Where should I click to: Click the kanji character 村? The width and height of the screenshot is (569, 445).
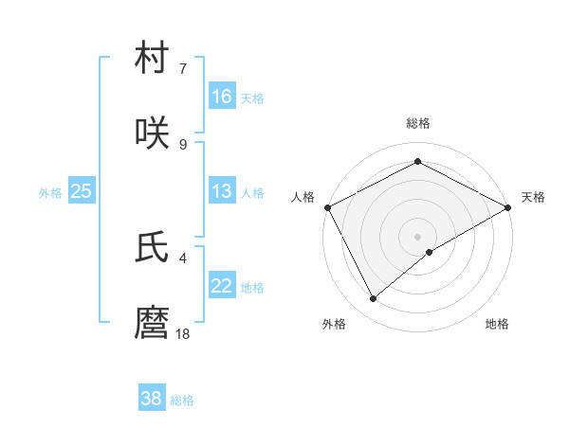tap(153, 59)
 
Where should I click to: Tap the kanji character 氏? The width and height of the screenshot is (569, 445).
tap(153, 247)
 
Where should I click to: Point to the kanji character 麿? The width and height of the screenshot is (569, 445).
tap(153, 323)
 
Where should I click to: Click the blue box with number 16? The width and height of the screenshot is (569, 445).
tap(222, 96)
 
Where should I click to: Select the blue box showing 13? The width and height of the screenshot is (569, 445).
tap(222, 191)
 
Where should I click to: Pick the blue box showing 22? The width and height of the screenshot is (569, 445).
tap(222, 286)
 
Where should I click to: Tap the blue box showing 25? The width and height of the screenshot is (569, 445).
tap(82, 191)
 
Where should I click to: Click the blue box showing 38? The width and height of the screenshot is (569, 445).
tap(152, 399)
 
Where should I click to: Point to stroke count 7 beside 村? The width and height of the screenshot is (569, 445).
tap(182, 68)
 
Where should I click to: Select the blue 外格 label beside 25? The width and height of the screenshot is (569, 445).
tap(50, 192)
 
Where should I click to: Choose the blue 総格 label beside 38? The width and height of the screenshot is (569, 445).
tap(182, 400)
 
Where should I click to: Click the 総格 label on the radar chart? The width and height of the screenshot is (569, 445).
tap(417, 123)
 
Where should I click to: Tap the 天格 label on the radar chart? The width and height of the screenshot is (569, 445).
tap(533, 197)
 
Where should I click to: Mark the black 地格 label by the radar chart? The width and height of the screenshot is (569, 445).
tap(497, 324)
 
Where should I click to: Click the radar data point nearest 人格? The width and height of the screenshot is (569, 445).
tap(327, 206)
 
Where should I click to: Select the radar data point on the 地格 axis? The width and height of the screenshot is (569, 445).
tap(430, 252)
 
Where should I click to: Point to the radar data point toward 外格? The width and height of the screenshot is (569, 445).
tap(374, 298)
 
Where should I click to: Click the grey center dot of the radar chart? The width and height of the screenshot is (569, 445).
tap(417, 236)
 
